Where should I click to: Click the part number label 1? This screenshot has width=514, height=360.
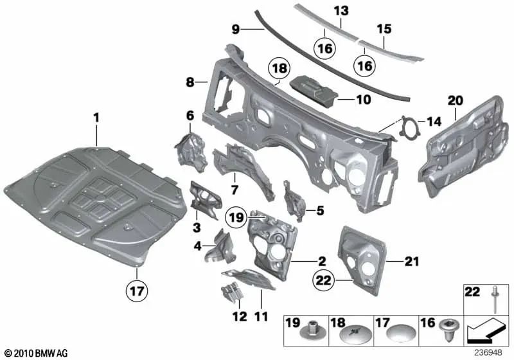(96, 118)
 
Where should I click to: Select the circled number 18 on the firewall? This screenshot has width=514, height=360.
(279, 70)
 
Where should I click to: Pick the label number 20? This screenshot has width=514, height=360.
(455, 100)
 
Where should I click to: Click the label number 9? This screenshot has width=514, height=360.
(235, 28)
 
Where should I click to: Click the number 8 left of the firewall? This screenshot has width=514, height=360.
(190, 82)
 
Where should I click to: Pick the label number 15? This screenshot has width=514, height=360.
(384, 29)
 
